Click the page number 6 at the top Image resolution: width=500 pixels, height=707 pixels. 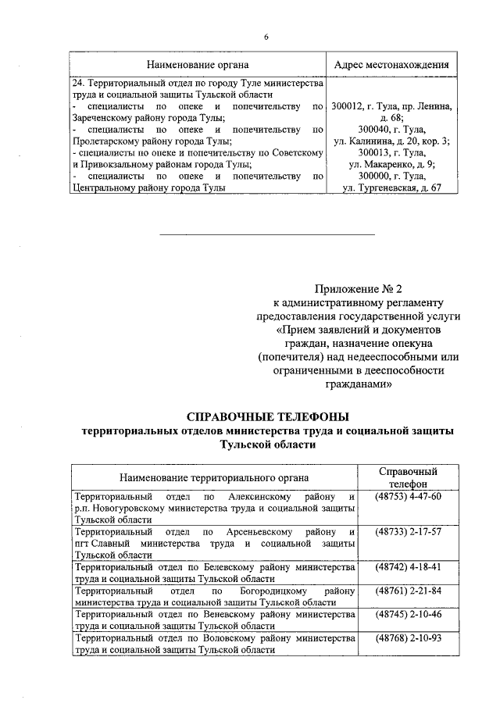[x=266, y=37]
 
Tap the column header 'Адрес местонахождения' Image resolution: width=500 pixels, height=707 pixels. [x=391, y=64]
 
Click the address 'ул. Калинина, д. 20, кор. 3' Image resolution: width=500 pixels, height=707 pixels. [x=391, y=141]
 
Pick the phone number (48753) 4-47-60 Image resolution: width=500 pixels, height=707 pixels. [x=408, y=498]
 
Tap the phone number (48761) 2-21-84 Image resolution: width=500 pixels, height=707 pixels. [x=408, y=590]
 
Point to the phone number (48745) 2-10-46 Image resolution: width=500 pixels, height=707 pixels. [x=408, y=614]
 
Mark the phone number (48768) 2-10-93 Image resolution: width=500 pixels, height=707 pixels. [x=408, y=638]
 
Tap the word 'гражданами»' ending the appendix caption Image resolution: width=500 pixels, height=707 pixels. [x=359, y=385]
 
